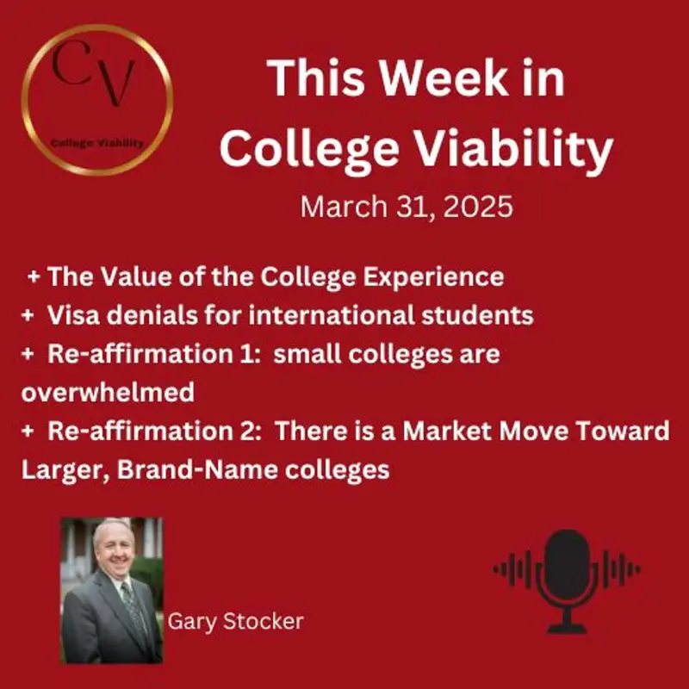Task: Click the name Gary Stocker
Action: [235, 621]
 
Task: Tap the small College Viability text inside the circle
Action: [97, 143]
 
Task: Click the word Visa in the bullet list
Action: [77, 315]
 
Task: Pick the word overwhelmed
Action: [107, 393]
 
